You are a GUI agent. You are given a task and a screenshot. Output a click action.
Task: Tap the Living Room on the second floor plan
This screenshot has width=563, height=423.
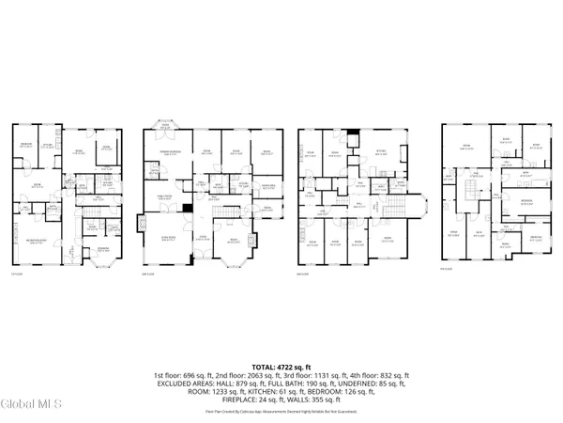click(x=167, y=239)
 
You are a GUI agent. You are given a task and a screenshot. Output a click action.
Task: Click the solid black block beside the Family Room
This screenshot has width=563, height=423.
click(x=188, y=207)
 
